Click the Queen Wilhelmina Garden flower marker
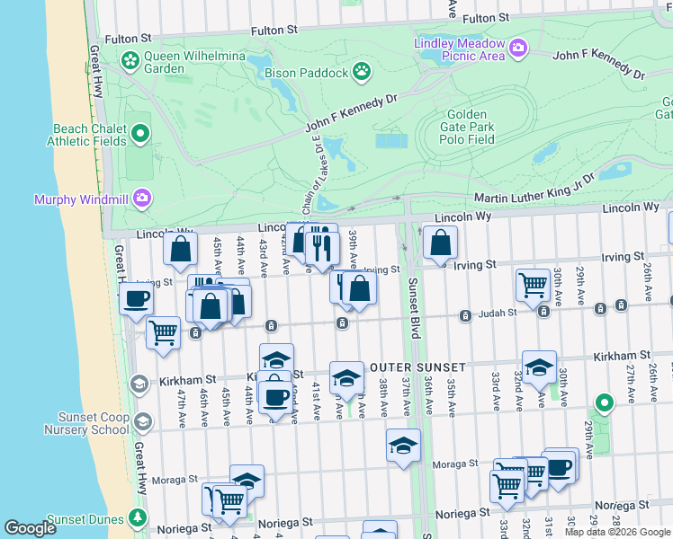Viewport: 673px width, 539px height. tap(130, 61)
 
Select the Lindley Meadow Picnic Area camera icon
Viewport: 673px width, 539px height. tap(517, 47)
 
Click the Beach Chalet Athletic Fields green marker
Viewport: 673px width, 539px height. tap(139, 135)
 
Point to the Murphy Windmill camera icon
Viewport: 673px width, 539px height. tap(142, 197)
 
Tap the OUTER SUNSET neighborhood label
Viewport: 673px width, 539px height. tap(417, 367)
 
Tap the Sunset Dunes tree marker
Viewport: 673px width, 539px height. tap(136, 518)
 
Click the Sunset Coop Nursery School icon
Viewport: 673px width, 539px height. tap(139, 384)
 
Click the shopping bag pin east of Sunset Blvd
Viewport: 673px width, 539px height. tap(440, 243)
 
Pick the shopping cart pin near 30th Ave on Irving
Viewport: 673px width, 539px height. tap(534, 285)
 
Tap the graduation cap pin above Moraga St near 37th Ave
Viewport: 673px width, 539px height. tap(404, 445)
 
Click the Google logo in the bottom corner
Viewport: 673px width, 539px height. tap(31, 528)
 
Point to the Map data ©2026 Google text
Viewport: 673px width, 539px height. tap(617, 532)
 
